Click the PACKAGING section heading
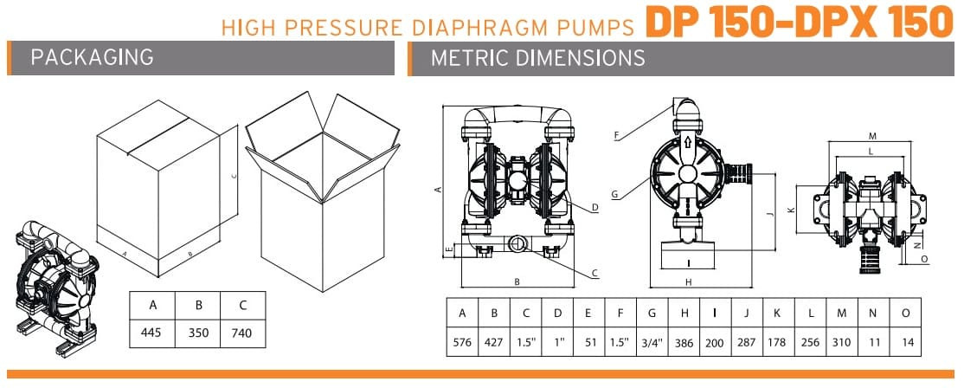click(x=92, y=58)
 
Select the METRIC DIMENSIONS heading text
click(x=537, y=58)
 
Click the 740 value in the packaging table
click(x=242, y=333)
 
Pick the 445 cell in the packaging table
click(x=152, y=333)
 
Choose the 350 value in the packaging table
click(x=198, y=333)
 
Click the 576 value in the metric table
click(x=462, y=341)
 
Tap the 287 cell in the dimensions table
click(x=746, y=341)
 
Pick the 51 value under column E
click(x=591, y=341)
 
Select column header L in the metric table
click(x=811, y=313)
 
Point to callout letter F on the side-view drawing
click(x=616, y=134)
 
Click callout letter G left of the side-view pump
click(x=614, y=195)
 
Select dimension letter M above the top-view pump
click(x=872, y=136)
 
